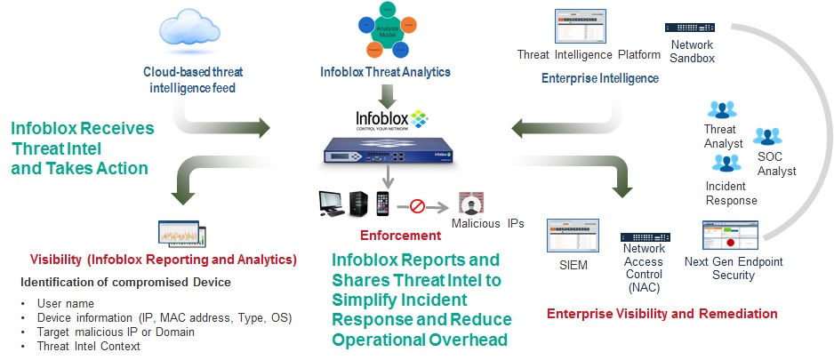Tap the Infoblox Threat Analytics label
coord(385,72)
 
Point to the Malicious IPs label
coord(487,223)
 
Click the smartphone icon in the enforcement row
coord(383,204)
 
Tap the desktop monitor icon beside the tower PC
coord(332,204)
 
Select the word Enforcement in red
coord(399,236)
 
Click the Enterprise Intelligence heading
coord(600,78)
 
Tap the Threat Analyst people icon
coord(721,110)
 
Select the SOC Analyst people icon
coord(766,137)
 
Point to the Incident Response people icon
coord(726,163)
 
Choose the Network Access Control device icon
coord(645,236)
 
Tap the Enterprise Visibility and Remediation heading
coord(662,314)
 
